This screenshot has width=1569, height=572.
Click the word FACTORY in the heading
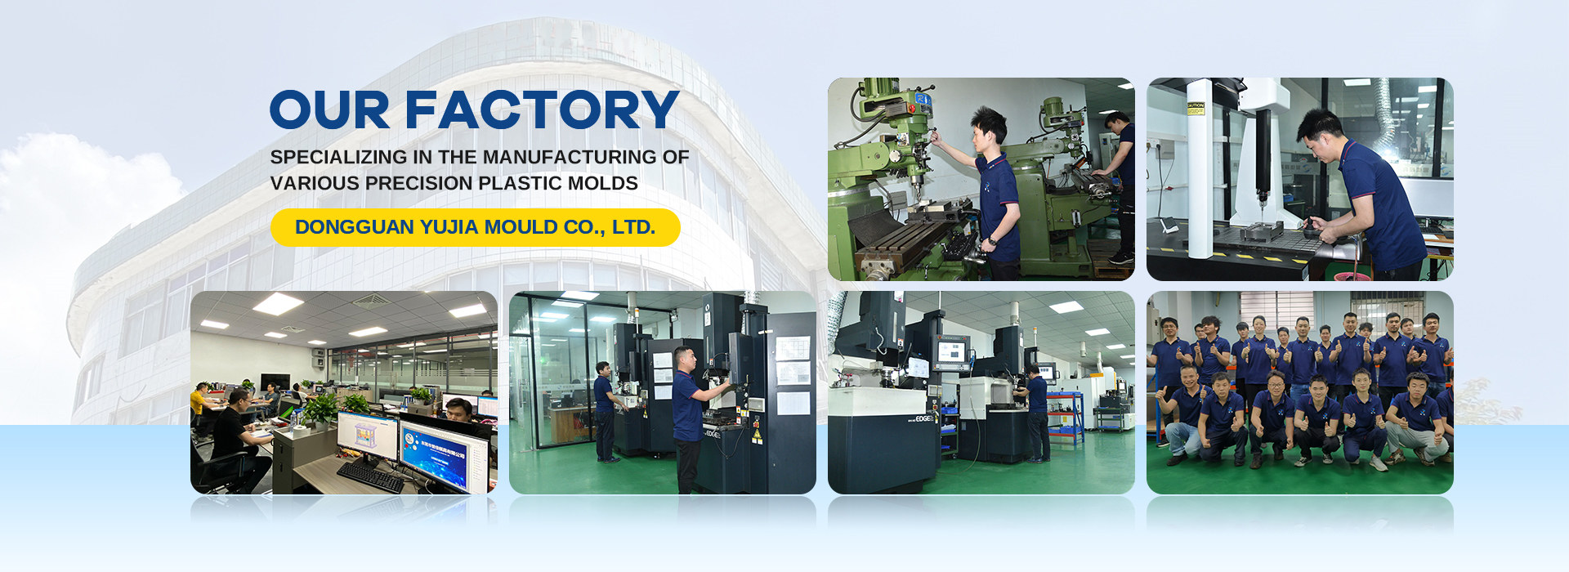coord(542,110)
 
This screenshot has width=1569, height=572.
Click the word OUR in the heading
coord(329,110)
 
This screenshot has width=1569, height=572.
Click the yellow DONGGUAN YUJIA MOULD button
coord(476,227)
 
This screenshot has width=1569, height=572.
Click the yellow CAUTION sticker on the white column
coord(1196,107)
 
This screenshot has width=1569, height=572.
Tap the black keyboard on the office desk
coord(370,476)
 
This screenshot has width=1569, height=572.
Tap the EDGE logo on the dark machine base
coord(924,418)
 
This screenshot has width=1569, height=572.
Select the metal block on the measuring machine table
coord(1262,232)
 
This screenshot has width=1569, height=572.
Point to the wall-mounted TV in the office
coord(274,381)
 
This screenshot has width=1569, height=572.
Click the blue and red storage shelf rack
coord(1065,417)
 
